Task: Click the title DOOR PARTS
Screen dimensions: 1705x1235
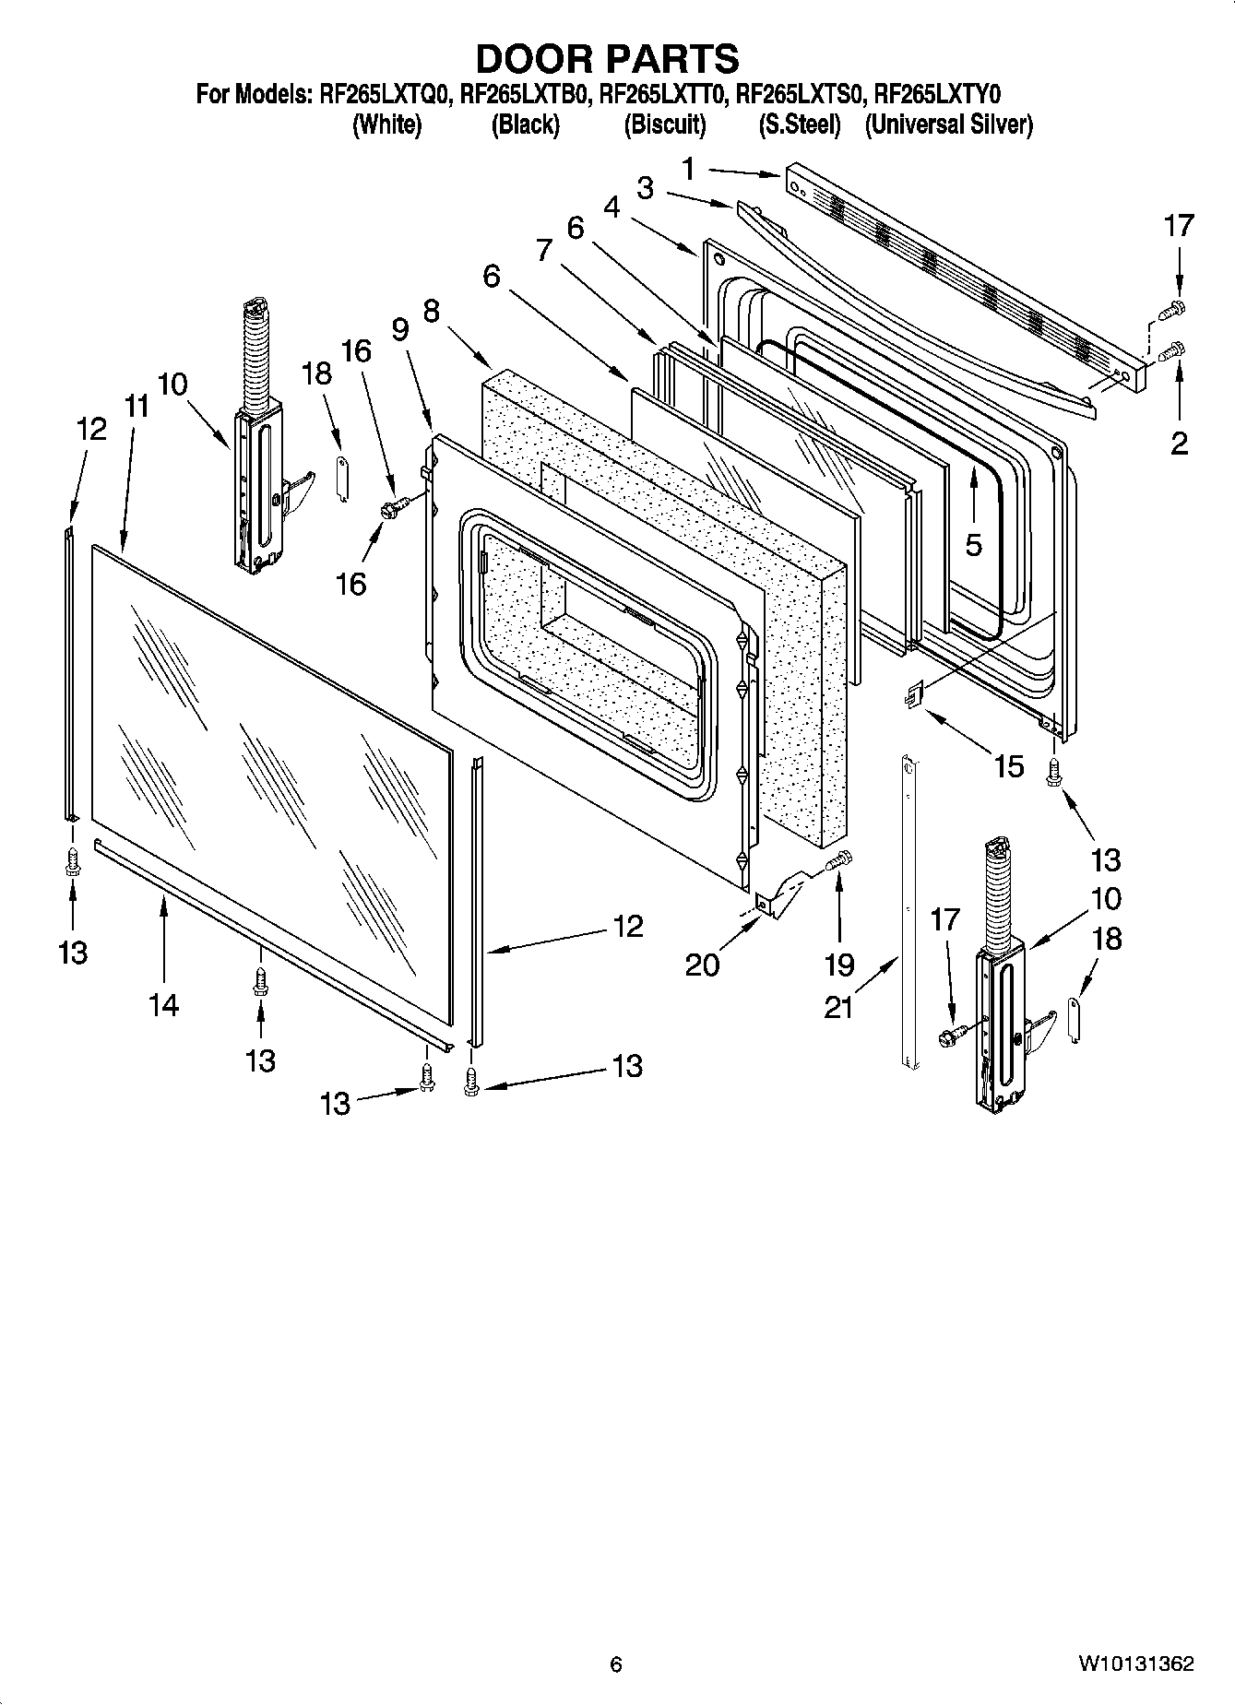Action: (607, 58)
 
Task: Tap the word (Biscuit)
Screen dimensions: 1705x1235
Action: (664, 124)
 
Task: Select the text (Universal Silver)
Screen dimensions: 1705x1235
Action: (948, 124)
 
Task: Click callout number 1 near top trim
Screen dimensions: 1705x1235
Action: (688, 168)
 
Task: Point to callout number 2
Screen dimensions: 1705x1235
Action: (1179, 444)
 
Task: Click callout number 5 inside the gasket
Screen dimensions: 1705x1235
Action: (974, 544)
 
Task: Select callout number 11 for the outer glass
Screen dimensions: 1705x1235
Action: (137, 406)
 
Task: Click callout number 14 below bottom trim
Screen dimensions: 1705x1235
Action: (163, 1004)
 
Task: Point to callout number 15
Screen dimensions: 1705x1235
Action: (1009, 764)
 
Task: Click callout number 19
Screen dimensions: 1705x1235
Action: (838, 965)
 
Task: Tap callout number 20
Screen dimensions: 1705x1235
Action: (702, 965)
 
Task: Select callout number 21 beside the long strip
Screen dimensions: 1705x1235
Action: (838, 1008)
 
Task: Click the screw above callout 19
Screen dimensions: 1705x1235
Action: (839, 861)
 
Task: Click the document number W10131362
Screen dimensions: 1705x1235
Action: (1135, 1664)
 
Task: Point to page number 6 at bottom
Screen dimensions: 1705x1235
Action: (616, 1664)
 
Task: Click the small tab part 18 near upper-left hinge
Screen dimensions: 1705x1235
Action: (340, 478)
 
